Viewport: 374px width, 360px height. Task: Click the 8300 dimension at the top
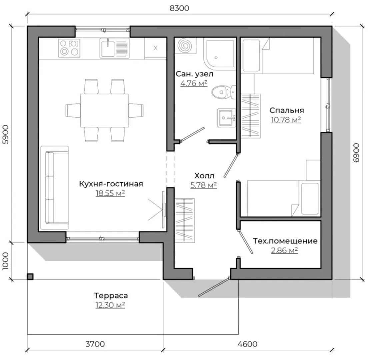(x=179, y=8)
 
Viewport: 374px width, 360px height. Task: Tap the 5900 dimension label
(x=5, y=134)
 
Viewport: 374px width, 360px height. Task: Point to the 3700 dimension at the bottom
(x=95, y=344)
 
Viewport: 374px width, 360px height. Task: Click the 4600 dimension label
(x=248, y=344)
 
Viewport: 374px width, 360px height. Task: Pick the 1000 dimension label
(x=5, y=261)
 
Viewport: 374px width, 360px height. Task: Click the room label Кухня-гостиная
(x=111, y=184)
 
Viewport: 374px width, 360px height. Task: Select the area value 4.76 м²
(x=194, y=83)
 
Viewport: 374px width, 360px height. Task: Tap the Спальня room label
(x=287, y=110)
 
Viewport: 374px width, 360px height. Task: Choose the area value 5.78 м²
(x=204, y=185)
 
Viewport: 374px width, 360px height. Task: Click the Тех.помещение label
(x=285, y=241)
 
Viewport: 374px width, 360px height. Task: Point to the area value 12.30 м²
(x=110, y=305)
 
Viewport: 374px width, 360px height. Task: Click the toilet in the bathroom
(x=224, y=92)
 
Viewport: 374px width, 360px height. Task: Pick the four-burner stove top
(x=69, y=48)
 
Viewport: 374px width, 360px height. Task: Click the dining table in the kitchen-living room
(x=104, y=110)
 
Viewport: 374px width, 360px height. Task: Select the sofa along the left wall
(x=55, y=188)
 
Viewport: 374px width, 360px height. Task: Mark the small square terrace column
(x=30, y=277)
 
